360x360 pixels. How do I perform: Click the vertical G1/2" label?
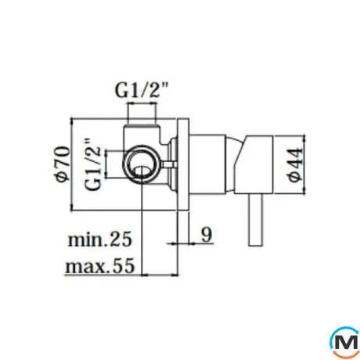pos(92,164)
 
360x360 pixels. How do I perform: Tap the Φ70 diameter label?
pos(63,164)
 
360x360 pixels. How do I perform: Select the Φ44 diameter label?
pos(296,165)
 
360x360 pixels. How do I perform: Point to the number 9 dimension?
pos(207,235)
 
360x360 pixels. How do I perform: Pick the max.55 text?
pos(100,266)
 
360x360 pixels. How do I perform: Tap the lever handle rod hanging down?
pos(255,220)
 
